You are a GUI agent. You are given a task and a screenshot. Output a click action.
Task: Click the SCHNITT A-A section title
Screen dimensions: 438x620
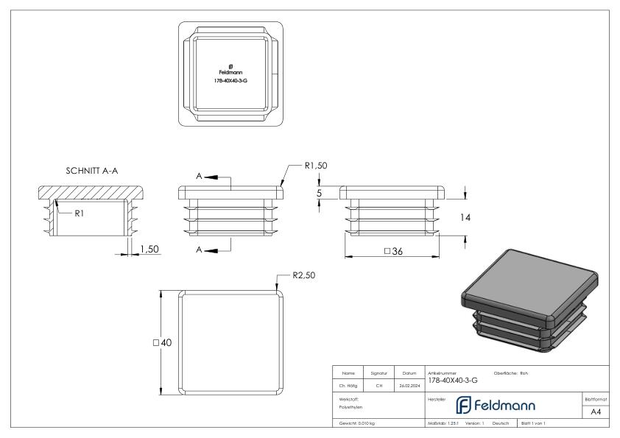pos(92,171)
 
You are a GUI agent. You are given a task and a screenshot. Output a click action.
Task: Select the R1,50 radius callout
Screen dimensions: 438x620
pos(315,166)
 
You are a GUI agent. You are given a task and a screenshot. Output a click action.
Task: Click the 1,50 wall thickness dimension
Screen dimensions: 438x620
pos(149,250)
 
